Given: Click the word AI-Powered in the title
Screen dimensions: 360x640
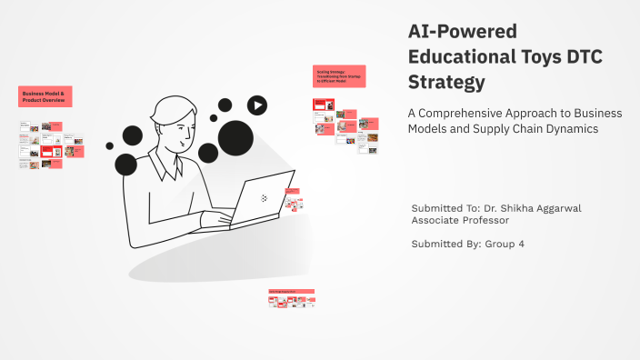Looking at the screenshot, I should pyautogui.click(x=461, y=32).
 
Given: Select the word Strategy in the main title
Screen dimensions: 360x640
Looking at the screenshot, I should pyautogui.click(x=446, y=82).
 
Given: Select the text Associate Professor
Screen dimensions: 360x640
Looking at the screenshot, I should pyautogui.click(x=460, y=220).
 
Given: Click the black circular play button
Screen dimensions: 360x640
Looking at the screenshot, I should pyautogui.click(x=258, y=105).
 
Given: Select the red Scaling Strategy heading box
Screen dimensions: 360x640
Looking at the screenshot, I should pyautogui.click(x=339, y=75).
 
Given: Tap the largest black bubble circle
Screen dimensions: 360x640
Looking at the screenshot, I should pyautogui.click(x=235, y=138).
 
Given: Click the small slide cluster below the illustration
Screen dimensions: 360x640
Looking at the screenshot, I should pyautogui.click(x=291, y=297).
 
